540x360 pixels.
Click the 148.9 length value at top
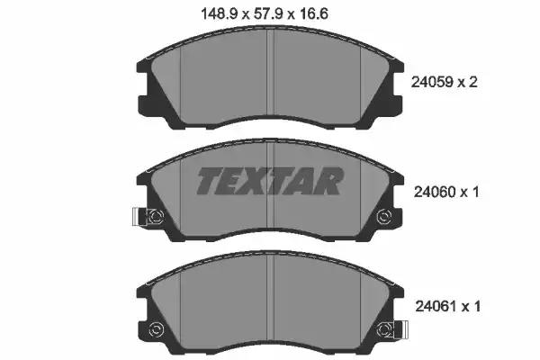pos(220,14)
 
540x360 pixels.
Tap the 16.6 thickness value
pos(314,14)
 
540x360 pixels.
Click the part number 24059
pos(431,82)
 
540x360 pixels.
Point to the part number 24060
pos(435,193)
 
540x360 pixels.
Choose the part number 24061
pos(436,306)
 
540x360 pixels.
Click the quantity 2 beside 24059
pos(472,82)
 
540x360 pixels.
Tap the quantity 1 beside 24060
pos(475,193)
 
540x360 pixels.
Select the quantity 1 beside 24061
pos(477,306)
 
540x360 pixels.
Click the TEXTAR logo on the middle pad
pos(270,181)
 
